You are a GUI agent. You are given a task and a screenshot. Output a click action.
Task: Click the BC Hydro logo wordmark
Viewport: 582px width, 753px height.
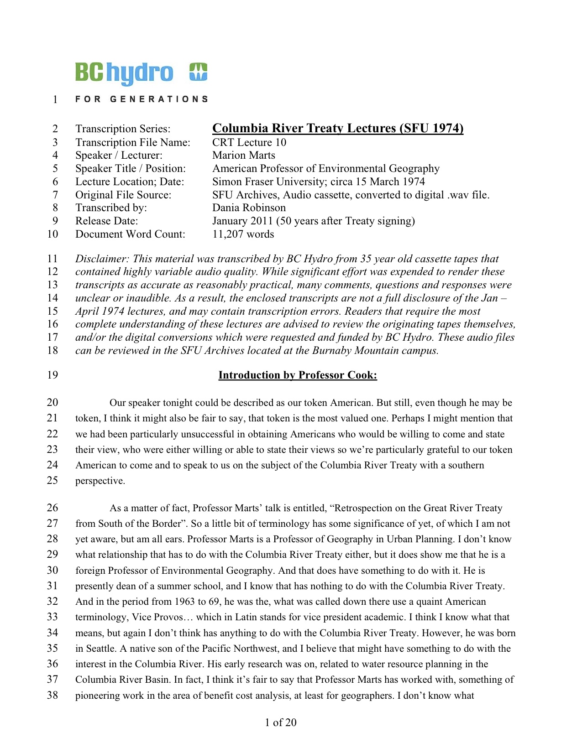(x=124, y=73)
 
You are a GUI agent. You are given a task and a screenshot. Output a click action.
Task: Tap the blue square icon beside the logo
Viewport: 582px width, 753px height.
(x=199, y=72)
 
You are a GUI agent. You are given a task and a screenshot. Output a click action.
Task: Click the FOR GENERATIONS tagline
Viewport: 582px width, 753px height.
(x=142, y=99)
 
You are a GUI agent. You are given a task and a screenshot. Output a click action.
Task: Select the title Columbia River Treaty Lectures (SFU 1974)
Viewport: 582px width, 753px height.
(x=338, y=128)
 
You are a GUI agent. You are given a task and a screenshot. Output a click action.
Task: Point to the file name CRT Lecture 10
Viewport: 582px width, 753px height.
(x=249, y=142)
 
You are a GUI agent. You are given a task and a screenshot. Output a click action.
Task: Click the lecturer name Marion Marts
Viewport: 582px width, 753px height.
(x=244, y=156)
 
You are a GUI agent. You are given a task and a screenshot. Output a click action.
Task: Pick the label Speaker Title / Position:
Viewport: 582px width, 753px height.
(x=131, y=169)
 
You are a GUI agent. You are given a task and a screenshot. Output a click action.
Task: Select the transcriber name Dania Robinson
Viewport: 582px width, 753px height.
(x=249, y=208)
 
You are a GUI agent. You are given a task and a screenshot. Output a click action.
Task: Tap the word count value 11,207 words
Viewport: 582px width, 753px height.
(x=243, y=234)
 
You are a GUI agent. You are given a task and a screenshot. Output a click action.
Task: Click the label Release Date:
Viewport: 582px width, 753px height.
(x=106, y=221)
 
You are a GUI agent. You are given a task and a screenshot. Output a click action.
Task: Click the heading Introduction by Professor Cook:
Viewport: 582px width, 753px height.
(x=298, y=375)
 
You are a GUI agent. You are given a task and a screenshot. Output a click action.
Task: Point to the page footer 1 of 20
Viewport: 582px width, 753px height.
(x=281, y=722)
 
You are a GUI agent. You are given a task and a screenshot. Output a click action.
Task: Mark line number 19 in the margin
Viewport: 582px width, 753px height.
(x=52, y=375)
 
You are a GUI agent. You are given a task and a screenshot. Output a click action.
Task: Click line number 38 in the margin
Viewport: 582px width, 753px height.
(x=52, y=696)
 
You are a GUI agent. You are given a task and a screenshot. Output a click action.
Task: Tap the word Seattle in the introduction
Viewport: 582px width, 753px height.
(x=100, y=649)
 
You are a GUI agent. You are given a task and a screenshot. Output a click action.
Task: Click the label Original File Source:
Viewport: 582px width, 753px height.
(x=123, y=195)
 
